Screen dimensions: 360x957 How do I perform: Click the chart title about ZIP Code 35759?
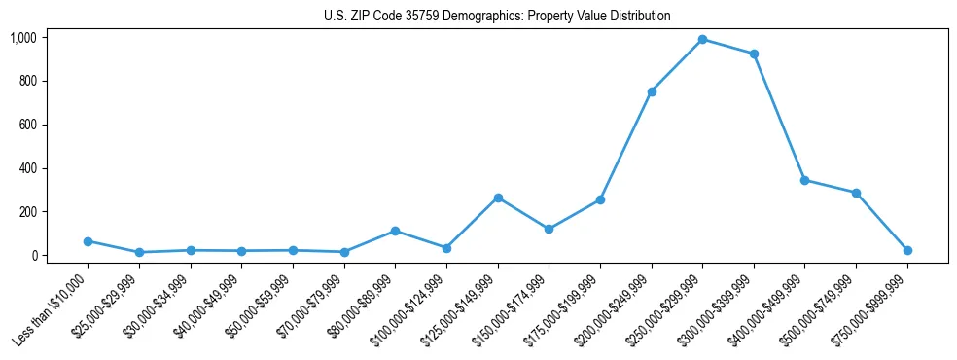point(497,17)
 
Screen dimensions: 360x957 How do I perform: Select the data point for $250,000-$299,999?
point(702,39)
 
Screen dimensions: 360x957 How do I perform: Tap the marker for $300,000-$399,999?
point(754,54)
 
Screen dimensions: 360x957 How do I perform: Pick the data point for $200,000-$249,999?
point(652,91)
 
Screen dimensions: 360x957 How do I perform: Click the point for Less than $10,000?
point(88,241)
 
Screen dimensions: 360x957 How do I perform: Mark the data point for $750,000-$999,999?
point(907,250)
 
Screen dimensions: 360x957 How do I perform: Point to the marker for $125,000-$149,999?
point(498,198)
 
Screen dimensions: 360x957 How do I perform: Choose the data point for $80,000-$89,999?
point(395,231)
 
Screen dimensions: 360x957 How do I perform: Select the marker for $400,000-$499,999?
point(804,180)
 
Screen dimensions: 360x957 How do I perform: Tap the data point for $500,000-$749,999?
point(856,193)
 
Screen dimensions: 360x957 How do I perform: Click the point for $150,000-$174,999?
point(549,229)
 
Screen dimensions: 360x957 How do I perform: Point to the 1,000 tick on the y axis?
point(23,38)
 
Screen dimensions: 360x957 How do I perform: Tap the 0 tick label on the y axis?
point(34,256)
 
